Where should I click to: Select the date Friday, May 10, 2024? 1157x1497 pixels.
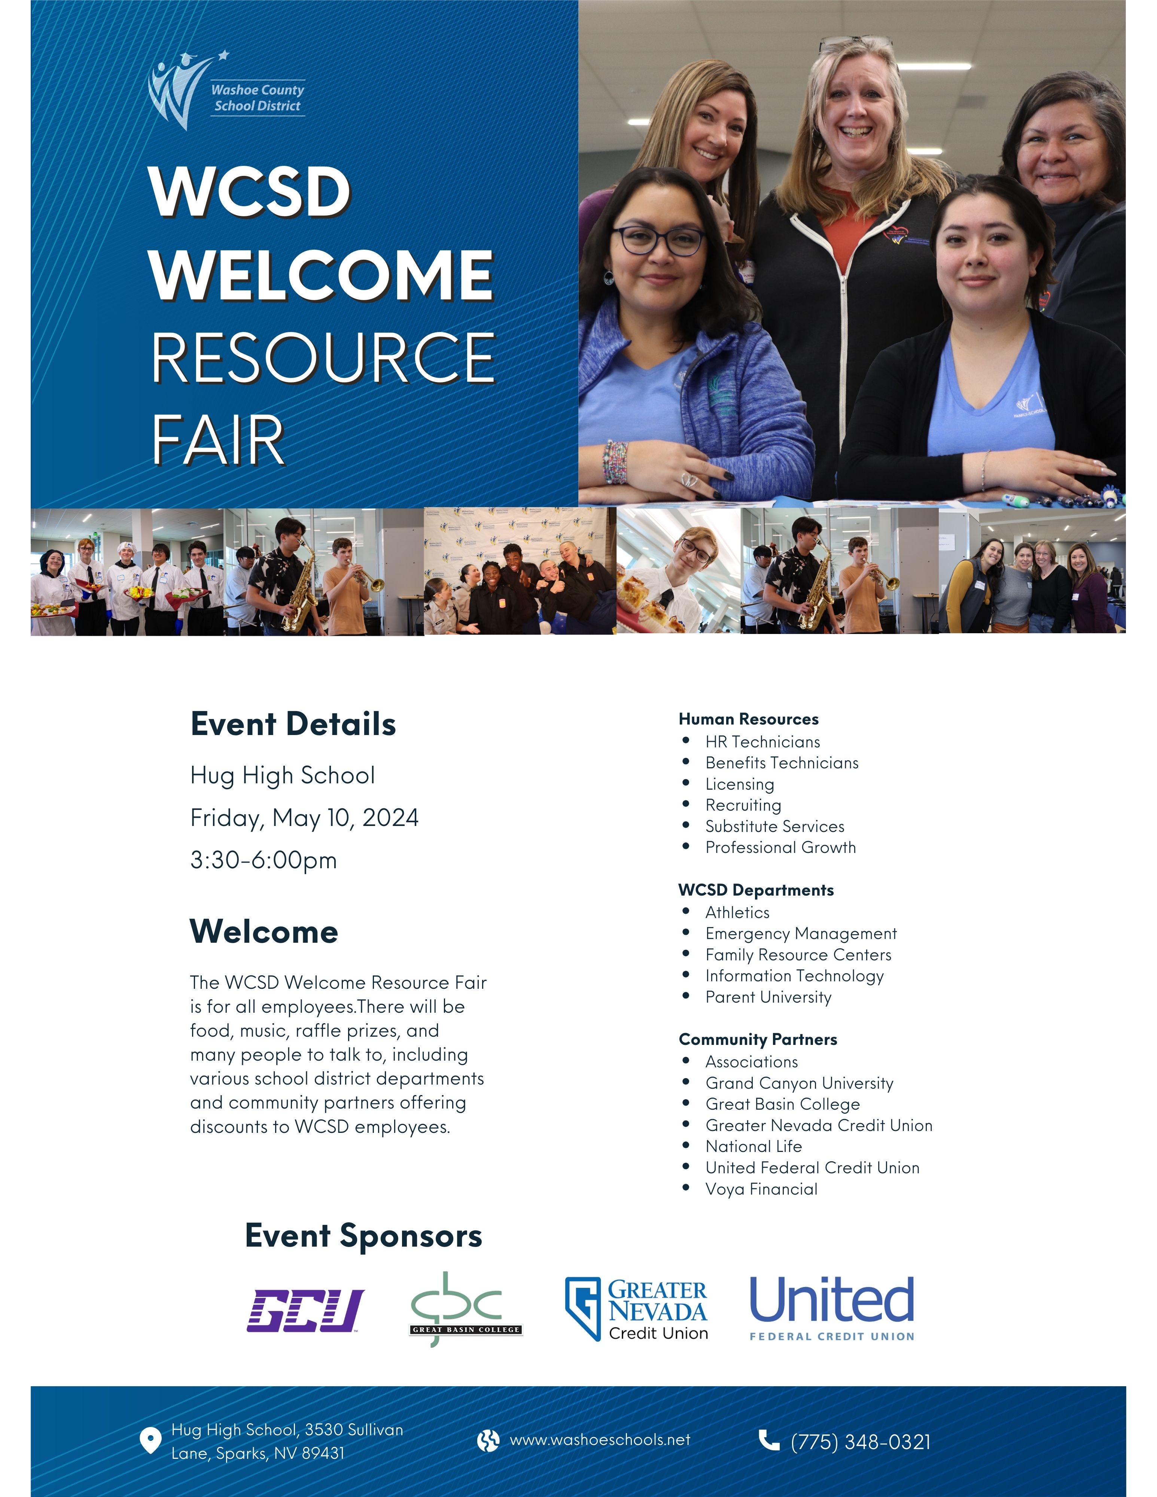coord(304,818)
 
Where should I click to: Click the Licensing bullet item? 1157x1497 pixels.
coord(740,784)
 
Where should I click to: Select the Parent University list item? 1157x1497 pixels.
coord(768,997)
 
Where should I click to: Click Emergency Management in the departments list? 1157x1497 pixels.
coord(801,934)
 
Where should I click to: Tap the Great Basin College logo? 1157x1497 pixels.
coord(466,1309)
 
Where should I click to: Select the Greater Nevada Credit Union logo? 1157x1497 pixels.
coord(636,1309)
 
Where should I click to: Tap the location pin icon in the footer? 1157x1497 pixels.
coord(150,1441)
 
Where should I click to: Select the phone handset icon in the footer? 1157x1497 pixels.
coord(769,1440)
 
